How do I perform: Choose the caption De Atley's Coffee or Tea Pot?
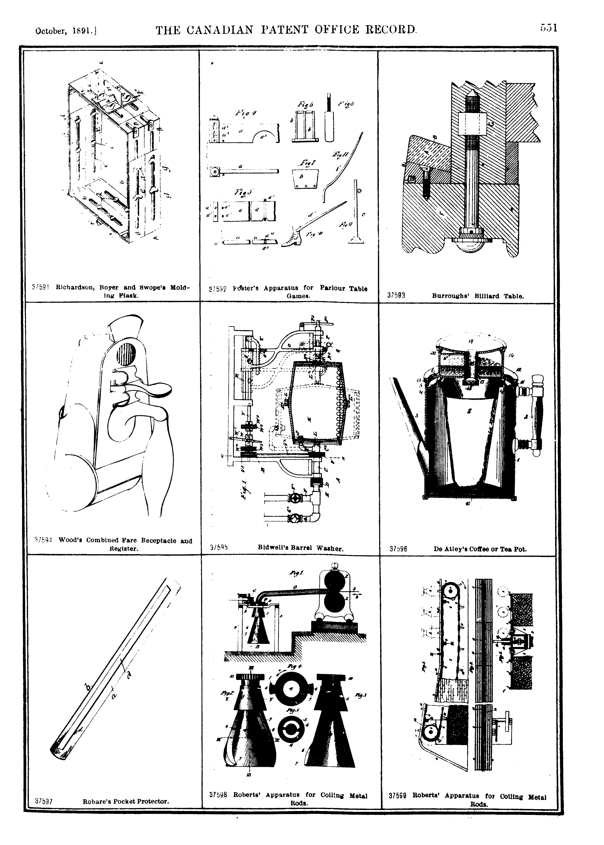480,549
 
